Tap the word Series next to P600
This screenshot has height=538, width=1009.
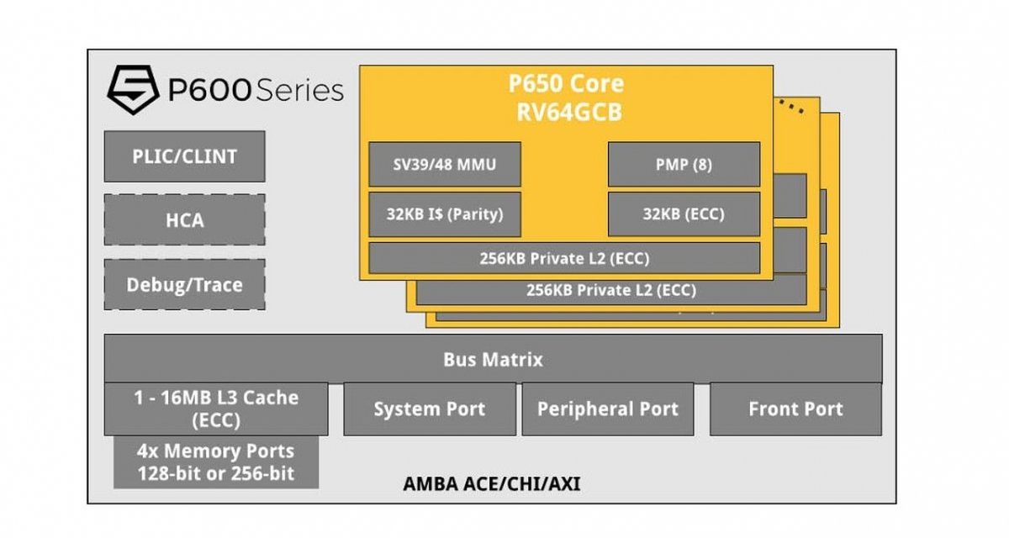(x=298, y=91)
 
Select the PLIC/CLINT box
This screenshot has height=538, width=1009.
(x=184, y=156)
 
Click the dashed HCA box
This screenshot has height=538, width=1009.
(x=184, y=220)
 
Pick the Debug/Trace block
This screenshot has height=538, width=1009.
(x=184, y=284)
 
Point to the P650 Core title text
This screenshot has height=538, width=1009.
(x=566, y=84)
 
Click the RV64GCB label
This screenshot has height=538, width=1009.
(x=566, y=112)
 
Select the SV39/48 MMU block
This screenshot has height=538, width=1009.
(x=444, y=164)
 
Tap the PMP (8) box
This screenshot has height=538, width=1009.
(x=683, y=164)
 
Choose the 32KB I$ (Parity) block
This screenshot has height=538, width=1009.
(x=444, y=214)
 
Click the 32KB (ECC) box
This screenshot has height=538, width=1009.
(x=683, y=214)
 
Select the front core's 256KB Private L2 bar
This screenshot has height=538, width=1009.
(x=563, y=258)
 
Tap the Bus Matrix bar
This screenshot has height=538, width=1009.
(x=493, y=360)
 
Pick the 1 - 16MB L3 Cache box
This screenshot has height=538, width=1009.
(x=216, y=409)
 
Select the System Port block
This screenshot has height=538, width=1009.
(x=429, y=409)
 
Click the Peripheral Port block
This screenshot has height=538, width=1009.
(x=607, y=409)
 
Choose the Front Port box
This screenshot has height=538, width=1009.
(x=795, y=409)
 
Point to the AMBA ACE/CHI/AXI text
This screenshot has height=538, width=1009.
(x=491, y=484)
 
